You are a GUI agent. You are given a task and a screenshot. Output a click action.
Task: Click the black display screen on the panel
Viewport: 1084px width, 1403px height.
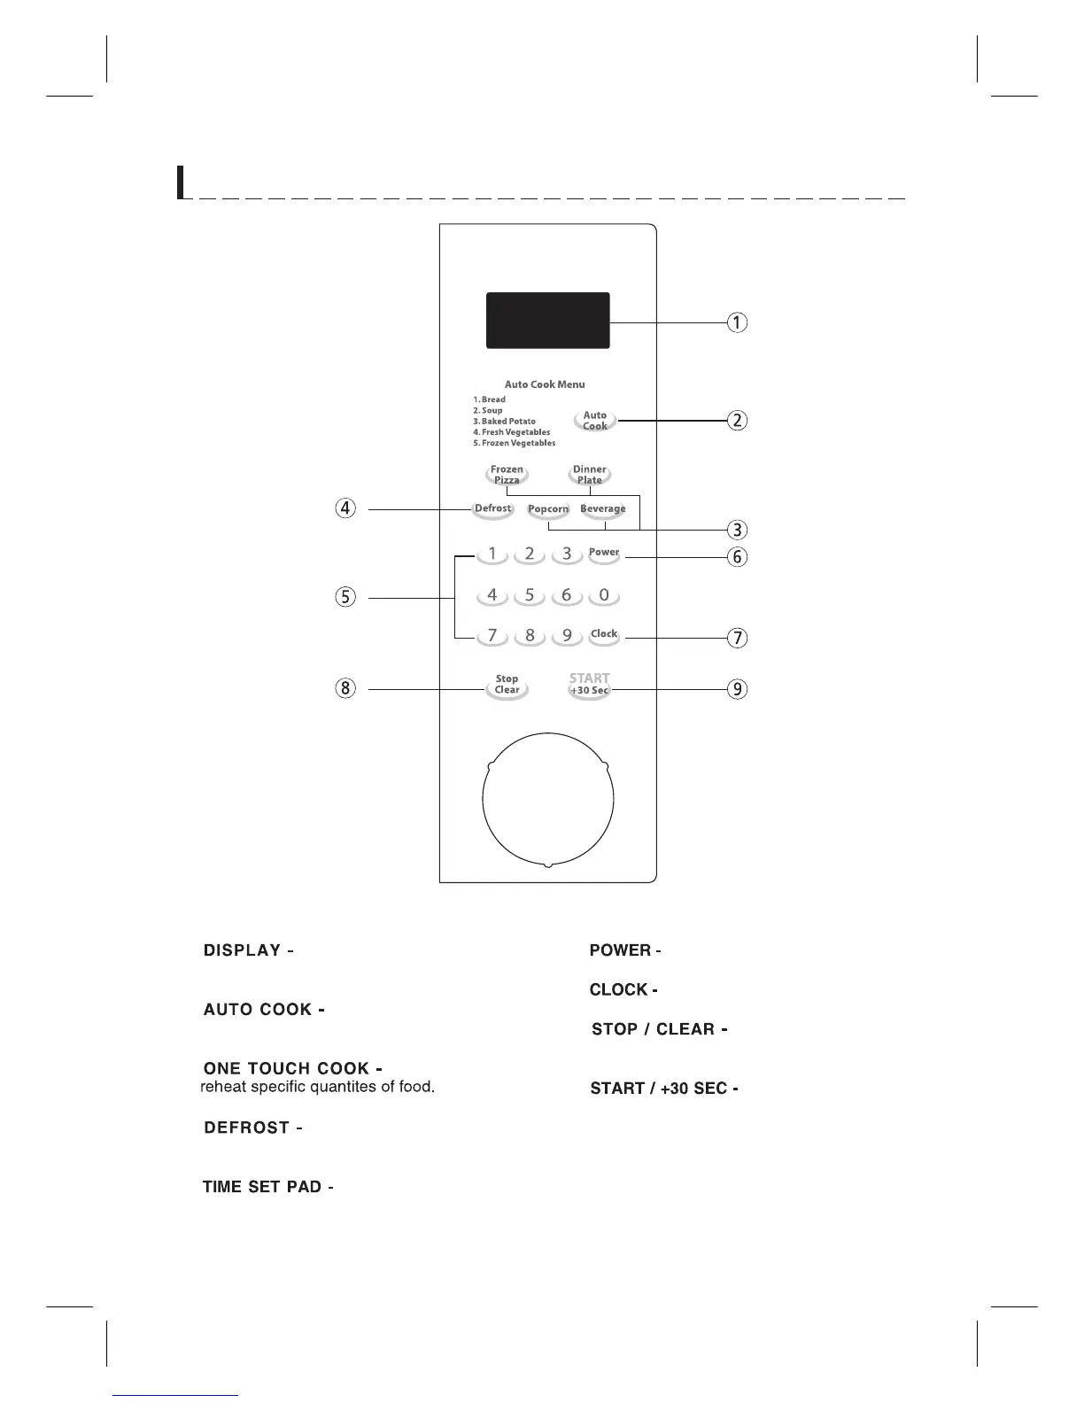pos(547,321)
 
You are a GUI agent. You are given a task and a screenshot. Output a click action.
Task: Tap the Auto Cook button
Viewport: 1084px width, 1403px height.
pos(595,421)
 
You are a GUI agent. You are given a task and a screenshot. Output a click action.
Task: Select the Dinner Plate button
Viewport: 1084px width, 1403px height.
pos(590,476)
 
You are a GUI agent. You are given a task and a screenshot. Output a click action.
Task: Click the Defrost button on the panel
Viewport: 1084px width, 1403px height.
pos(492,509)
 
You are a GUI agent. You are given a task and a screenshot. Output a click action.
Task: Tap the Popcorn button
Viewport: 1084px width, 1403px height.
pos(548,509)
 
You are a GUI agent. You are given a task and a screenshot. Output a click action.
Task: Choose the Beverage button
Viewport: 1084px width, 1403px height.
pos(603,509)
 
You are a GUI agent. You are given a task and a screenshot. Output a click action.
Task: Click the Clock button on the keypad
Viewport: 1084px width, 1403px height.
pos(604,634)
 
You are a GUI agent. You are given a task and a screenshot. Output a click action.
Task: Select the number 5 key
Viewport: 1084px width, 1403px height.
pos(530,595)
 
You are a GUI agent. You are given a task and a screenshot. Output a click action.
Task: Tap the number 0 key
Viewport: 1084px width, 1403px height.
pos(604,595)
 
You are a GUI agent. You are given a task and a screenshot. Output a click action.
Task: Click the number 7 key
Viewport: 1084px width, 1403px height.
pos(492,636)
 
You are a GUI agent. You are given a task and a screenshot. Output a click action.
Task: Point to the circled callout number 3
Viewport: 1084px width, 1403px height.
pos(736,531)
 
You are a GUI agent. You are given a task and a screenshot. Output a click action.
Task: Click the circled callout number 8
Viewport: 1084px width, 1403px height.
pos(345,688)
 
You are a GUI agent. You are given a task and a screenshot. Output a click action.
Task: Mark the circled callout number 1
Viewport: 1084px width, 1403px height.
pos(736,322)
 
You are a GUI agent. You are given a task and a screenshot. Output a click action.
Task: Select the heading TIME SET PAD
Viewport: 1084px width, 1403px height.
pos(263,1187)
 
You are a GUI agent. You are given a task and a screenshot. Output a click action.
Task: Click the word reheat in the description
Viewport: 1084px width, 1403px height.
pos(225,1087)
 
